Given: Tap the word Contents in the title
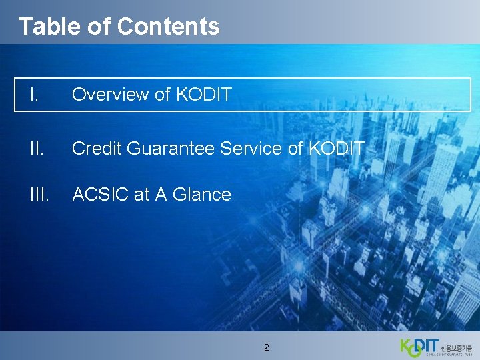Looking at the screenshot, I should tap(168, 26).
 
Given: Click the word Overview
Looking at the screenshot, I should tap(111, 95).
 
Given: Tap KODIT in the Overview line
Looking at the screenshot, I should tap(203, 95).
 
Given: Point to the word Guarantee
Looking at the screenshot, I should tap(169, 148).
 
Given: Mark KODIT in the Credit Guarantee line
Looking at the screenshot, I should tap(336, 148).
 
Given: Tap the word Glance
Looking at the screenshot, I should tap(201, 195).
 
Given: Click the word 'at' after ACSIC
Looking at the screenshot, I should tap(141, 195).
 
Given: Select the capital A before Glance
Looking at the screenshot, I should tap(161, 195).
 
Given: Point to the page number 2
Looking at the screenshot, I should tap(267, 347).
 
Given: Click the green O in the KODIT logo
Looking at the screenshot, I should tap(415, 349).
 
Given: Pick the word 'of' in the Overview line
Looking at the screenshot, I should tap(163, 95).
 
